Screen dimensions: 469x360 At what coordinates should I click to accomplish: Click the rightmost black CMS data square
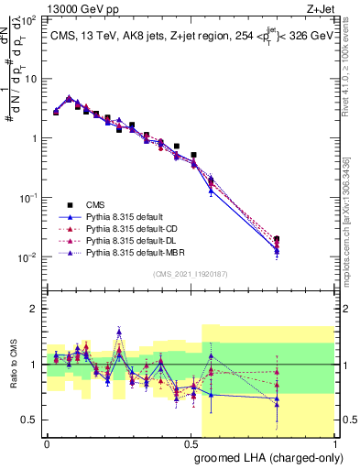[x=277, y=239]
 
